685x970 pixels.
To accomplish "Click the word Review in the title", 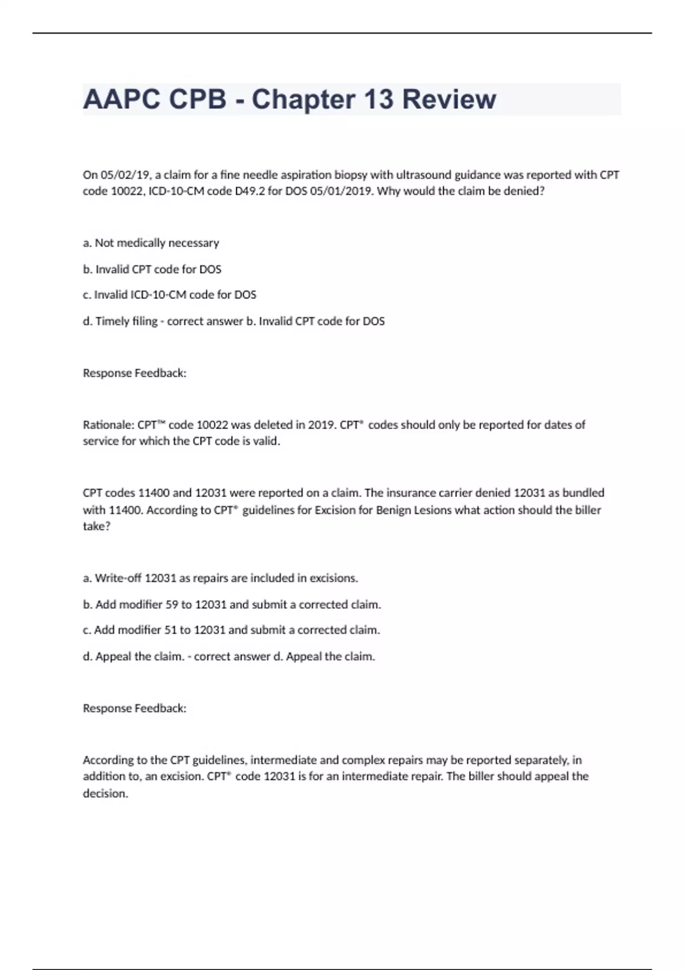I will (x=449, y=99).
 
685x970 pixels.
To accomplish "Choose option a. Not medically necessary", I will (x=151, y=243).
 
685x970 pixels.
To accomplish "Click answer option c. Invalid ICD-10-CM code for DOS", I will (x=170, y=295).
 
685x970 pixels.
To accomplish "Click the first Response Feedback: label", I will (x=135, y=373).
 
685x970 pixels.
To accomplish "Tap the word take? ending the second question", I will (x=96, y=526).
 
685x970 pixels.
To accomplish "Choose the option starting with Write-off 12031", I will (x=220, y=578).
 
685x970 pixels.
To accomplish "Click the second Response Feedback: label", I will (x=135, y=708).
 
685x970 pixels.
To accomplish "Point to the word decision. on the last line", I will (x=106, y=793).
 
